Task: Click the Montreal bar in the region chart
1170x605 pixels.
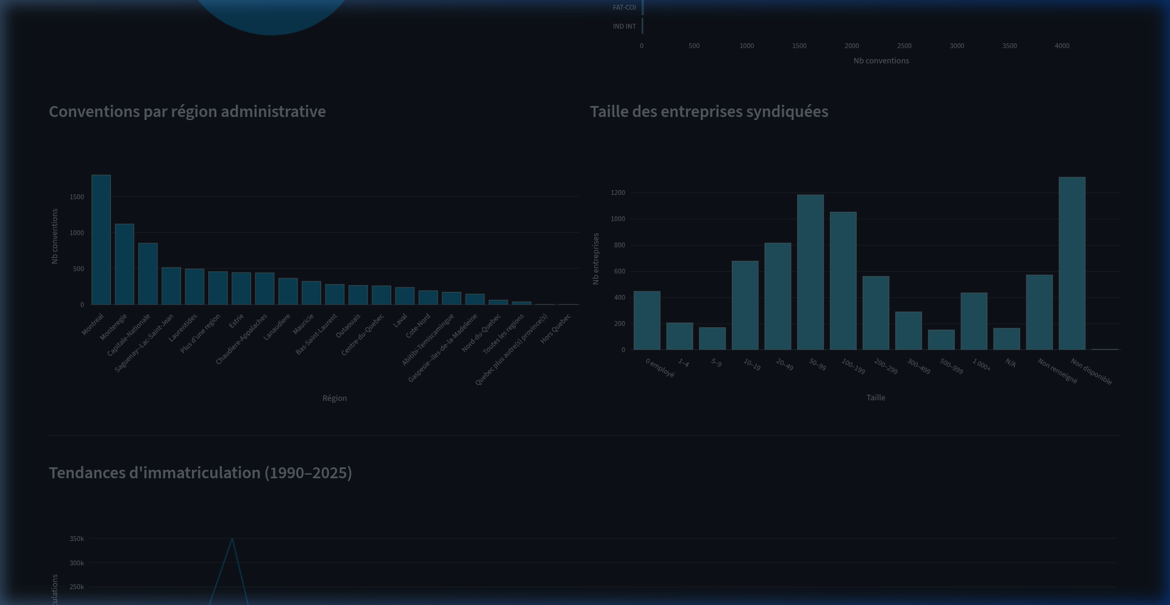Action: (101, 240)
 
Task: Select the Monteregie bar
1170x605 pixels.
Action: (124, 264)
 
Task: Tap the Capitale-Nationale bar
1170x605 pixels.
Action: (147, 274)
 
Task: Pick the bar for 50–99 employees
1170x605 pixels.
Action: (810, 272)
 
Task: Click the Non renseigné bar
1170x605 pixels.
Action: (1039, 313)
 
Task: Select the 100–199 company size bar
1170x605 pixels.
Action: (843, 281)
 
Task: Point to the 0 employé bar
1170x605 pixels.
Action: (647, 320)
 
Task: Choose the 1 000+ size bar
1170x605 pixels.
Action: (974, 321)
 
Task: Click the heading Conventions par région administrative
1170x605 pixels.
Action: (187, 111)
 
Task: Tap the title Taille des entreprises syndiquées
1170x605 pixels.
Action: (709, 111)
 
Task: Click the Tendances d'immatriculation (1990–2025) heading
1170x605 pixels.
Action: (200, 473)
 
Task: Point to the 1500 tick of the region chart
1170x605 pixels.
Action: (77, 197)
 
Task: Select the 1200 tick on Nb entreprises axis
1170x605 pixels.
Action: (618, 193)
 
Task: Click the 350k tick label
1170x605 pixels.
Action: (77, 539)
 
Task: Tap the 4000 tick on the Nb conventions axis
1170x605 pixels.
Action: (1062, 46)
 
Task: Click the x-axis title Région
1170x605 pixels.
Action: (335, 398)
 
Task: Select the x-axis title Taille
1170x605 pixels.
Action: (876, 397)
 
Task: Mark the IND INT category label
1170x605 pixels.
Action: (624, 26)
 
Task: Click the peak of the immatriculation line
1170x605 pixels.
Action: (232, 539)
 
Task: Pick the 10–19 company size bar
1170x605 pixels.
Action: (745, 305)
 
